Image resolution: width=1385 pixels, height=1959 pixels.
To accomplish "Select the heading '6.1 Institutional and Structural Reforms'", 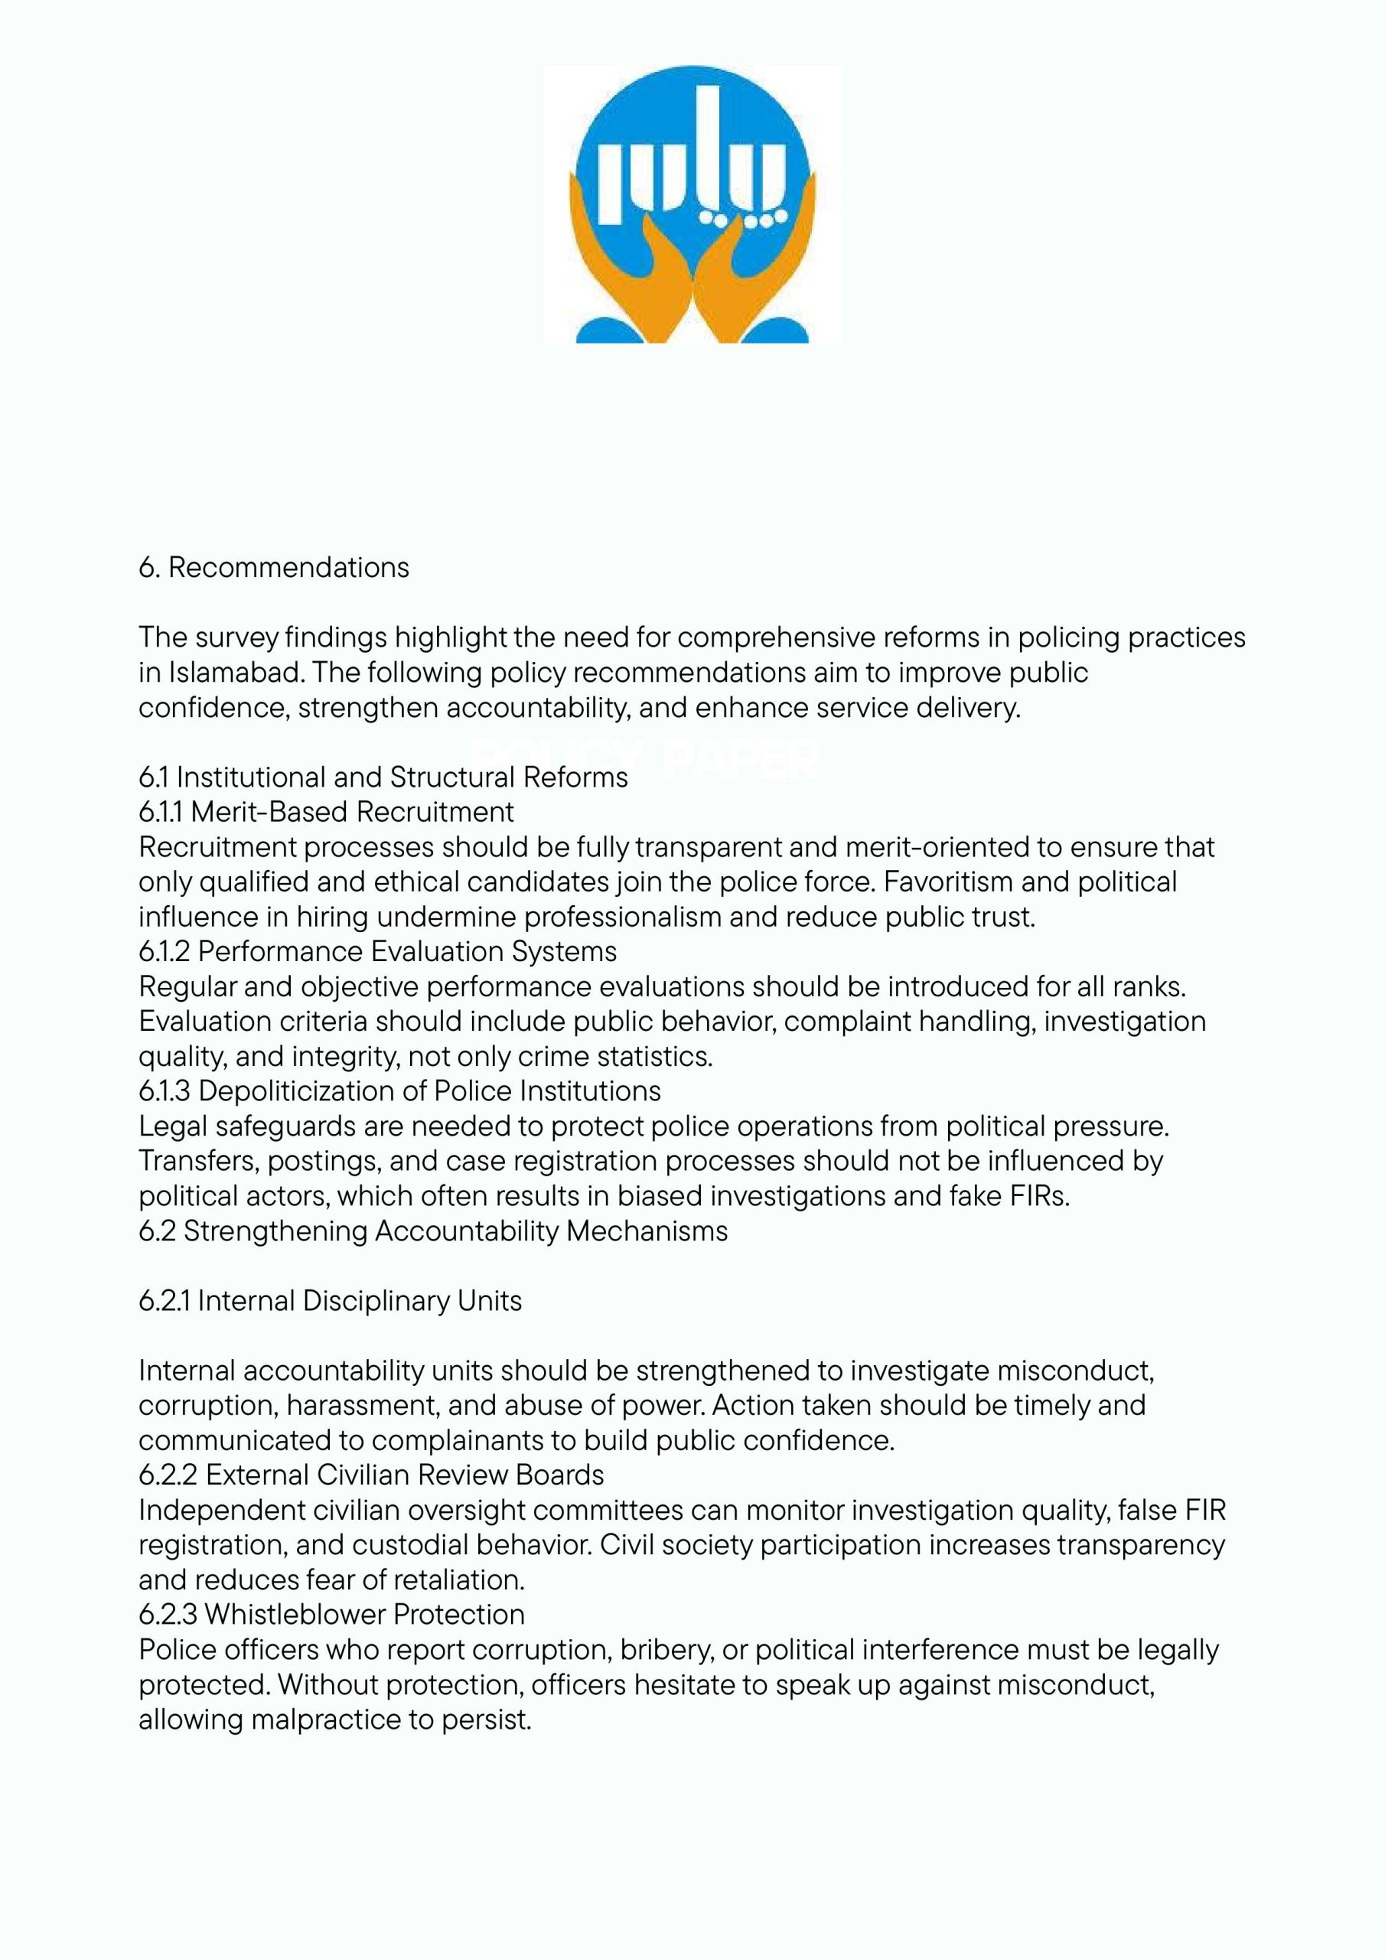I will click(383, 777).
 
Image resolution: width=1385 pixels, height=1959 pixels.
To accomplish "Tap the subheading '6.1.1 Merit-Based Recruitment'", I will click(327, 811).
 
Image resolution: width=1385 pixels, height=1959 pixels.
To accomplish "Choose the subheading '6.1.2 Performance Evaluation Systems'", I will click(377, 951).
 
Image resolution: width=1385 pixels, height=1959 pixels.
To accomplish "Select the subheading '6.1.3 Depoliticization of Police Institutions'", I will click(399, 1091).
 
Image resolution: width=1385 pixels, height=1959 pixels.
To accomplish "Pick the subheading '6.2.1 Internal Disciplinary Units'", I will click(331, 1301).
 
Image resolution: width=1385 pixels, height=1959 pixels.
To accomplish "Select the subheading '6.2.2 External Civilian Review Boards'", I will click(371, 1475).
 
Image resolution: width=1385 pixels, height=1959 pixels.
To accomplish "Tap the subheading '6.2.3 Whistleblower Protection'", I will click(331, 1615).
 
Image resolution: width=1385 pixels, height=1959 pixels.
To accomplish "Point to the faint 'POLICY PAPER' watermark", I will click(645, 758).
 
